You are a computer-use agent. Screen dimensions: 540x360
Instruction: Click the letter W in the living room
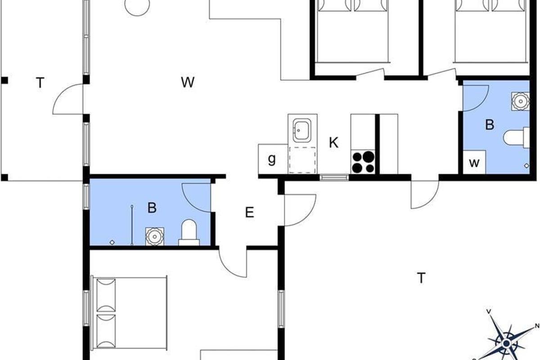click(188, 82)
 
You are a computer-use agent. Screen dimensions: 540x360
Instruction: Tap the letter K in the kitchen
click(333, 143)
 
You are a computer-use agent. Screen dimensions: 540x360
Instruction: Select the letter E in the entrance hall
click(249, 212)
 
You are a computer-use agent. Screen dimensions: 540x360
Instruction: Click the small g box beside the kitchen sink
click(273, 159)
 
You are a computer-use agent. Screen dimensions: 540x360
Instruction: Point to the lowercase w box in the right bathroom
click(474, 162)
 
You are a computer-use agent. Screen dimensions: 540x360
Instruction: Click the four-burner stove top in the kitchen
click(363, 162)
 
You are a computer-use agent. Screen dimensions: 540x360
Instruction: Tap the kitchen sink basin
click(302, 130)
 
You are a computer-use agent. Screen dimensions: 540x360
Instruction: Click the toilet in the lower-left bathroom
click(189, 233)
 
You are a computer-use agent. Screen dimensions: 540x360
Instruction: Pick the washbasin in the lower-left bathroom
click(155, 236)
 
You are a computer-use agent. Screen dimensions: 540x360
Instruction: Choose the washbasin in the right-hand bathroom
click(521, 101)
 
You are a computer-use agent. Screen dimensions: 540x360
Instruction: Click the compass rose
click(507, 342)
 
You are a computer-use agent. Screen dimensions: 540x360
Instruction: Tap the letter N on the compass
click(537, 326)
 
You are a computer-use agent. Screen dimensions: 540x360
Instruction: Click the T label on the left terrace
click(40, 83)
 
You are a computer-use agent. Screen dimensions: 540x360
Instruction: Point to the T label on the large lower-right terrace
click(421, 278)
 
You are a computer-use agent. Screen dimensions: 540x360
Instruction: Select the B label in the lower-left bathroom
click(152, 207)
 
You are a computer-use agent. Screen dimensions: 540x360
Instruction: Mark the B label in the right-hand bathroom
click(490, 125)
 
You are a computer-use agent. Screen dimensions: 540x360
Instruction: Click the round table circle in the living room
click(137, 4)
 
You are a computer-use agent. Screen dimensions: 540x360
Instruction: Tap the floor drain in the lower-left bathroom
click(112, 243)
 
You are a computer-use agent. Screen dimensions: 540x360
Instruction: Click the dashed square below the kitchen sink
click(302, 160)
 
